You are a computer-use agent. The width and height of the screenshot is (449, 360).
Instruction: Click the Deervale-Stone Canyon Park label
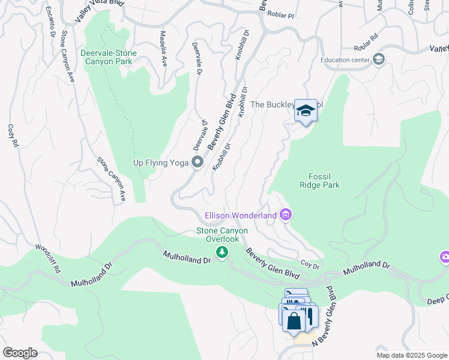[109, 58]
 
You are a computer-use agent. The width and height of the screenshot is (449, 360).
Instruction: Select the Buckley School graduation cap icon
[306, 110]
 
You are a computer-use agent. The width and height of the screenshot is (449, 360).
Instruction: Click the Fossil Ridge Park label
[320, 181]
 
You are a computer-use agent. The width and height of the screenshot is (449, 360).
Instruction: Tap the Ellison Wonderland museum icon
[286, 215]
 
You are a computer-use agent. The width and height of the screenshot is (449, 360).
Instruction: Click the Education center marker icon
[378, 59]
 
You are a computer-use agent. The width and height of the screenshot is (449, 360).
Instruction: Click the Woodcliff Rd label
[48, 259]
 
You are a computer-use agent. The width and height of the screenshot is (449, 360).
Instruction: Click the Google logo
[20, 353]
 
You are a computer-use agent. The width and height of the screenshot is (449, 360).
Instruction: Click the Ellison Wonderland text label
[240, 215]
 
